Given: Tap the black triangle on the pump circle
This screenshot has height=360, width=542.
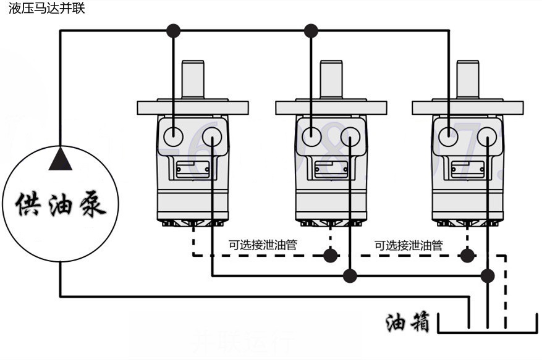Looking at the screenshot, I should (61, 159).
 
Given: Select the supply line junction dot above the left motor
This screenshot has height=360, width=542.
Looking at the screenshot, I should (174, 30).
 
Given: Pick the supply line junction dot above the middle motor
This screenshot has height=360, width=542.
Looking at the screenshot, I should (311, 30).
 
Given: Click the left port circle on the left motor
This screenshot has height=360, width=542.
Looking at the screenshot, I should (174, 135).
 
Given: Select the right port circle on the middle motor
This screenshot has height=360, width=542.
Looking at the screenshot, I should (350, 135).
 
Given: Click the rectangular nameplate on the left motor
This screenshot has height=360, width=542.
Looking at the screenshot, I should (192, 169).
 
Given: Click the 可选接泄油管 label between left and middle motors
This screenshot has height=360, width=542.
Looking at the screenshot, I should (263, 245).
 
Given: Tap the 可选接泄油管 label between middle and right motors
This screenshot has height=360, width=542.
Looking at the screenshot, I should (409, 245).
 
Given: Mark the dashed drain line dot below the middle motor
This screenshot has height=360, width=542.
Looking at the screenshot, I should (331, 254).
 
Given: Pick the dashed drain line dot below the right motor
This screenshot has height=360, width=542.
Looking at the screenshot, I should (468, 254).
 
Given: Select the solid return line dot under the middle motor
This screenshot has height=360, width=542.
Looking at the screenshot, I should (350, 275).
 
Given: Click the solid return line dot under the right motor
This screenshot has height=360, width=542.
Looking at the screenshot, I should (488, 275).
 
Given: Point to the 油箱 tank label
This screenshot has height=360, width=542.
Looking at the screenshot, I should (407, 322).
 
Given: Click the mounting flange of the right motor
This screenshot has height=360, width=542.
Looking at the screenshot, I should (468, 107).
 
